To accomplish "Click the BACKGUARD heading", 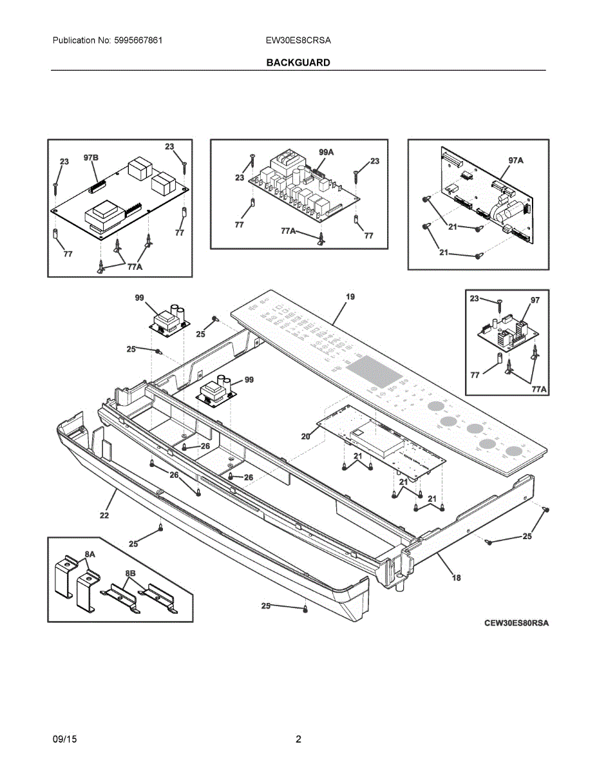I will pos(298,62).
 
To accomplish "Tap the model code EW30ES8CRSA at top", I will pos(298,40).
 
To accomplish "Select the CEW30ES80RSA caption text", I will pos(516,623).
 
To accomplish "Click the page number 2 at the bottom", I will pos(298,740).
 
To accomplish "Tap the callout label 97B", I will pos(91,158).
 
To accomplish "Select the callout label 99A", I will pos(326,152).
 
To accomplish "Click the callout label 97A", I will pos(515,160).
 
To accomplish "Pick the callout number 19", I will pos(350,297).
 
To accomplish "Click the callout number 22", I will pos(104,515).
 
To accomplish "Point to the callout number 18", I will pos(456,578).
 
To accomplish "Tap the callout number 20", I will pos(306,436).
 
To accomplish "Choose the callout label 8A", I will pos(90,554).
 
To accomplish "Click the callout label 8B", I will pos(131,573).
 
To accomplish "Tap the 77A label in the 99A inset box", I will pos(289,231).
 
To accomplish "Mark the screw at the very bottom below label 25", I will pos(305,608).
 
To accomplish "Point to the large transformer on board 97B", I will pos(102,213).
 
